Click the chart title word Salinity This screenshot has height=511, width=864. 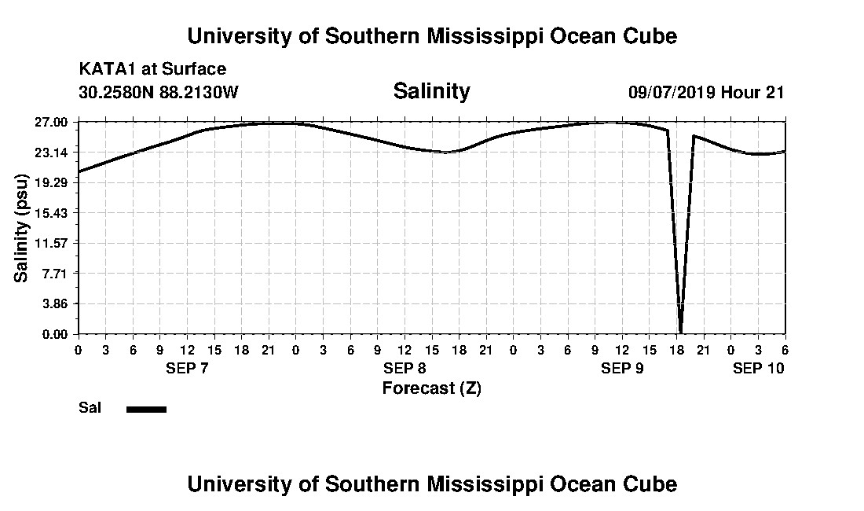[431, 91]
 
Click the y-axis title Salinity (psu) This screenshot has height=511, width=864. [22, 229]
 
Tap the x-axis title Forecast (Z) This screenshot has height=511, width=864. [431, 388]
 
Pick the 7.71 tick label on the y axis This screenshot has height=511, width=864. [54, 273]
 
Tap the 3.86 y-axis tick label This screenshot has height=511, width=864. [54, 303]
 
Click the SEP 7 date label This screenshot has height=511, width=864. [187, 368]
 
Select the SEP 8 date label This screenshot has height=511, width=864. [405, 368]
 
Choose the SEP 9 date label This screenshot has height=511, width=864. [622, 368]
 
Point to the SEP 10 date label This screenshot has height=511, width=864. [758, 368]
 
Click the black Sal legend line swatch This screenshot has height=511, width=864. [146, 409]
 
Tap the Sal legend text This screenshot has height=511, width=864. [89, 408]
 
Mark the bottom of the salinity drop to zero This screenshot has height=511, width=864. [680, 332]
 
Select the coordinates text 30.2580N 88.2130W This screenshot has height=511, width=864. [158, 92]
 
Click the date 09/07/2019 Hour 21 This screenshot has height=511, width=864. [705, 92]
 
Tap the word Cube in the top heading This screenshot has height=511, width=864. [649, 36]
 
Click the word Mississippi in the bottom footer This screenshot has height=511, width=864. [503, 483]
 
